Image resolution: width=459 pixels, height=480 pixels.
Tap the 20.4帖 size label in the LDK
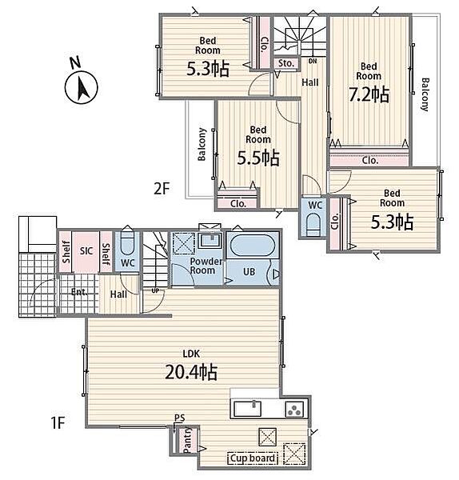tap(191, 373)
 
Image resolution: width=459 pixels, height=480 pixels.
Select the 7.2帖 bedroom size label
tap(369, 94)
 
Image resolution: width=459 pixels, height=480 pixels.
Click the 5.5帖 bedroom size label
tap(258, 158)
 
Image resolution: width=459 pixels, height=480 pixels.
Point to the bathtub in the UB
tap(252, 246)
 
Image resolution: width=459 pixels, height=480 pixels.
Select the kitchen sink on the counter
tap(248, 409)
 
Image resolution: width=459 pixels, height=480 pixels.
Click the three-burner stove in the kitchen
tap(295, 410)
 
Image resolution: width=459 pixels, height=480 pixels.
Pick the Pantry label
tap(187, 440)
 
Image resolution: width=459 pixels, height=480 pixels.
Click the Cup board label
tap(253, 458)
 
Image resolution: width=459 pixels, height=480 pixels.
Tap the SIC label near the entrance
tap(86, 251)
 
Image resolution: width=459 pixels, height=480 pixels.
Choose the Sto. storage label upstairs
tap(285, 63)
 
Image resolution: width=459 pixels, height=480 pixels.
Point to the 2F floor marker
tap(162, 189)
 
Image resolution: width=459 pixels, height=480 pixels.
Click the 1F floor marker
tap(58, 423)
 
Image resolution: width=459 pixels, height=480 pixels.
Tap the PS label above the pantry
tap(180, 418)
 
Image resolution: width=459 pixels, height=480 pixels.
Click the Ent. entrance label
tap(79, 292)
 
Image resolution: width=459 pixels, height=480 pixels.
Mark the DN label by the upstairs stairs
tap(313, 62)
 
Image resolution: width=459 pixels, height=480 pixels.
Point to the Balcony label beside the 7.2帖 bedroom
tap(425, 94)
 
